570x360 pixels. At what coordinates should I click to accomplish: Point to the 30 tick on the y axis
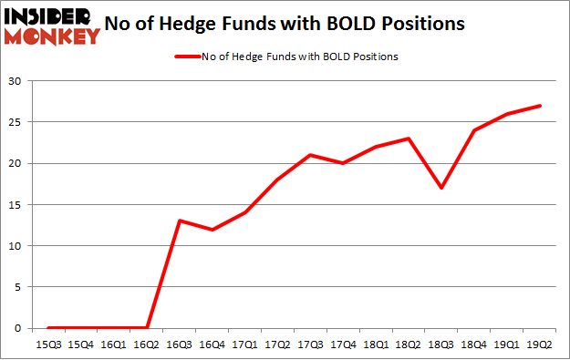pyautogui.click(x=16, y=81)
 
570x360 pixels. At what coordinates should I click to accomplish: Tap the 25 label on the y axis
pyautogui.click(x=16, y=122)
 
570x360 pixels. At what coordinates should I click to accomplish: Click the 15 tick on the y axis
pyautogui.click(x=16, y=204)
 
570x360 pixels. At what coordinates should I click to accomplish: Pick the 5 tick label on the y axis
pyautogui.click(x=18, y=287)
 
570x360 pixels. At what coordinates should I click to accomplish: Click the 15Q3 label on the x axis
pyautogui.click(x=48, y=345)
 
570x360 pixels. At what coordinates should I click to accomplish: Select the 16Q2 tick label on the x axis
pyautogui.click(x=147, y=345)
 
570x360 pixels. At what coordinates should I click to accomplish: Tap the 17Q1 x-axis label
pyautogui.click(x=245, y=345)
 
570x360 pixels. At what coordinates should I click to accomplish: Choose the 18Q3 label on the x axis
pyautogui.click(x=441, y=345)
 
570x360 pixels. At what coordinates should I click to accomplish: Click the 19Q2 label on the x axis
pyautogui.click(x=540, y=345)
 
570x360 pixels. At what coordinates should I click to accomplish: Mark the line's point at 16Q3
pyautogui.click(x=180, y=221)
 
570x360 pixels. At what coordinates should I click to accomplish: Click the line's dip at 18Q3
pyautogui.click(x=441, y=188)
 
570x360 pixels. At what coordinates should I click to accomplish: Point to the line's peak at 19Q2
pyautogui.click(x=540, y=106)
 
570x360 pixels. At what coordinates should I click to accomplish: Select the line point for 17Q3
pyautogui.click(x=311, y=155)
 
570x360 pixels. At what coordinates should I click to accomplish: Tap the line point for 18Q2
pyautogui.click(x=409, y=139)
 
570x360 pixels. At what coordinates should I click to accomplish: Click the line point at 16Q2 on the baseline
pyautogui.click(x=147, y=328)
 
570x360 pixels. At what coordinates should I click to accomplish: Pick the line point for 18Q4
pyautogui.click(x=474, y=130)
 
